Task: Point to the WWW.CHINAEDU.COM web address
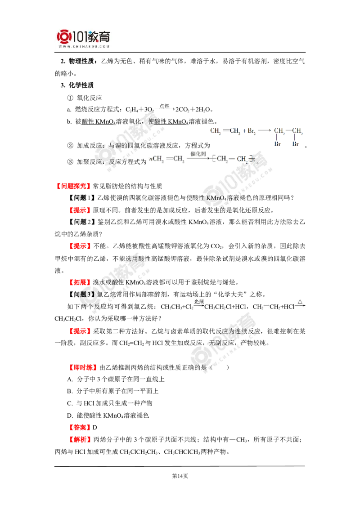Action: [x=84, y=46]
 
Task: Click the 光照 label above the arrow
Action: [x=198, y=302]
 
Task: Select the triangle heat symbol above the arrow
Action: [x=300, y=302]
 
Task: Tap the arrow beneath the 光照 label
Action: [x=198, y=307]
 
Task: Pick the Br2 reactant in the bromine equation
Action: [x=251, y=131]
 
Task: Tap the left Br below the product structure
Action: [x=277, y=144]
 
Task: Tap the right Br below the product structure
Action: [x=295, y=144]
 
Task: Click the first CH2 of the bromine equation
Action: [x=215, y=131]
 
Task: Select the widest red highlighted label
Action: [x=74, y=186]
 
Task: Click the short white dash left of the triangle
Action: [x=266, y=306]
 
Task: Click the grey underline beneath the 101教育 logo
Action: [x=84, y=53]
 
